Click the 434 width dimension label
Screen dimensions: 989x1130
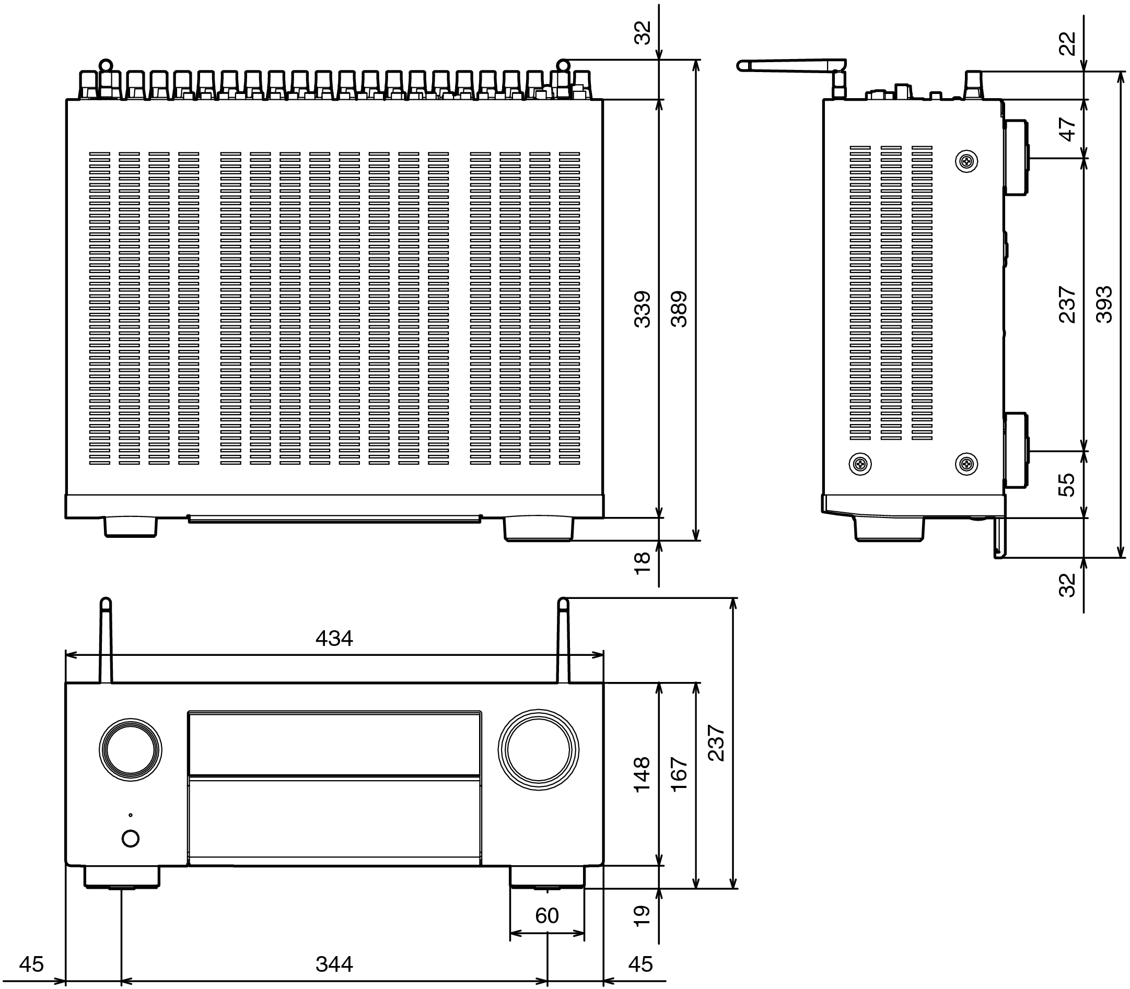pos(334,639)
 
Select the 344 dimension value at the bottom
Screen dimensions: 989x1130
pos(334,964)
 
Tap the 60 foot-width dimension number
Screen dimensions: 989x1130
pos(546,915)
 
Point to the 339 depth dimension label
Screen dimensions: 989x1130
pos(642,309)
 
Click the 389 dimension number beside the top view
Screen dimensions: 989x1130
pos(679,309)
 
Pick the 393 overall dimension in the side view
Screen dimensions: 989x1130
pos(1104,304)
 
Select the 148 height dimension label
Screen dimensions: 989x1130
pos(642,774)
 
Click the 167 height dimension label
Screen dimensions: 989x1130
pos(679,774)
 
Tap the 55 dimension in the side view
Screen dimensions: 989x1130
pos(1067,485)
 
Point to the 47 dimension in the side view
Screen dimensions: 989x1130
pos(1068,129)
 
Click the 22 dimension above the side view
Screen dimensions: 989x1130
pos(1068,43)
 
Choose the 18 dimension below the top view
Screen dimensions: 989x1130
pos(643,563)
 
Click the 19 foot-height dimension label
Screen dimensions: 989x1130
pos(642,915)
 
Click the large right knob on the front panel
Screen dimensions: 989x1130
pos(538,750)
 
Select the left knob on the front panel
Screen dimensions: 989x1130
pos(131,750)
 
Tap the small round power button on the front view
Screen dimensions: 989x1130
pos(130,838)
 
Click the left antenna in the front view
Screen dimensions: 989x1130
pos(106,640)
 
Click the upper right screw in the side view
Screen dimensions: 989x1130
pos(966,161)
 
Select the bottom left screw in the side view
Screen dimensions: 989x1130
pos(860,464)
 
